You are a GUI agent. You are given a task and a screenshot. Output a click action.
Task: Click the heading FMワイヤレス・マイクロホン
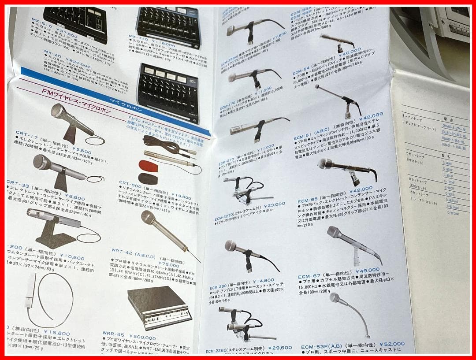(72, 95)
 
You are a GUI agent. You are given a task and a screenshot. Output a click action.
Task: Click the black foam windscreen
(148, 178)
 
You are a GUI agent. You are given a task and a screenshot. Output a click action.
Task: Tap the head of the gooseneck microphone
(335, 298)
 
